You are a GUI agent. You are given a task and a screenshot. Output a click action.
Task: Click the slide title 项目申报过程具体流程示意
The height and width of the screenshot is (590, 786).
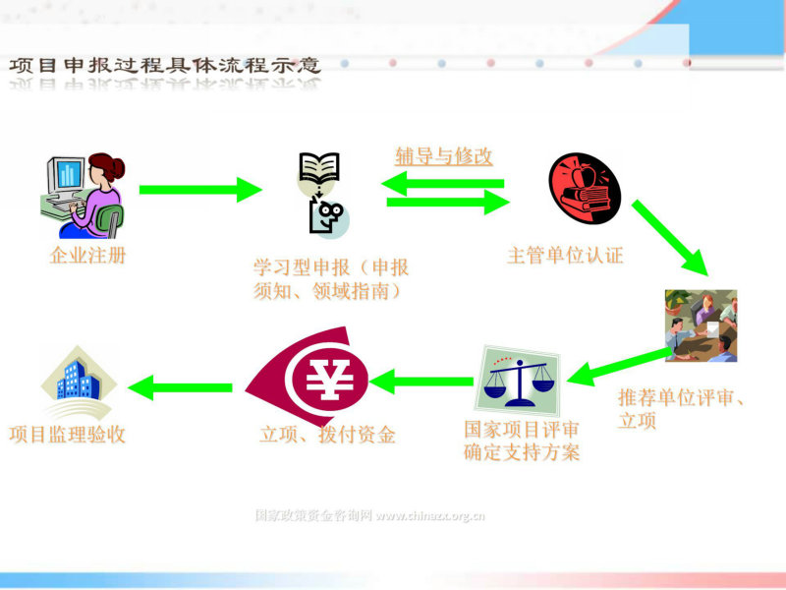(x=164, y=65)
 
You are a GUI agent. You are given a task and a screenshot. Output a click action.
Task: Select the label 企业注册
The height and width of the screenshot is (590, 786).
(x=87, y=256)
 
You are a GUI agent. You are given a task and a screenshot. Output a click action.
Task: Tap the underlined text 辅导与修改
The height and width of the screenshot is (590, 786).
(x=444, y=156)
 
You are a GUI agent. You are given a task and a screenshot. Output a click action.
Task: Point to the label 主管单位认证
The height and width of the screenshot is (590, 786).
(x=565, y=255)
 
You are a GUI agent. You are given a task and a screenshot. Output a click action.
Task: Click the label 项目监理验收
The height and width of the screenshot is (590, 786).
(x=67, y=435)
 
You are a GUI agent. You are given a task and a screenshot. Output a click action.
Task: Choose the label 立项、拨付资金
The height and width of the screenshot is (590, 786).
(x=327, y=435)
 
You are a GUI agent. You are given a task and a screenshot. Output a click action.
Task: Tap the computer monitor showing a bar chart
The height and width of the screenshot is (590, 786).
(x=66, y=176)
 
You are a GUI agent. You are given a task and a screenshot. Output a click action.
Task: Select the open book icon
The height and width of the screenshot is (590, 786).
(x=319, y=167)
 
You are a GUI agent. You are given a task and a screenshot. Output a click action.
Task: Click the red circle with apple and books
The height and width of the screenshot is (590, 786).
(x=585, y=188)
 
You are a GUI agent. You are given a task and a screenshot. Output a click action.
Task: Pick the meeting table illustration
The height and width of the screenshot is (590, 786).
(x=701, y=325)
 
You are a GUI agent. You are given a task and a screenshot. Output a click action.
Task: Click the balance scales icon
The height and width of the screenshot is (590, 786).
(x=519, y=381)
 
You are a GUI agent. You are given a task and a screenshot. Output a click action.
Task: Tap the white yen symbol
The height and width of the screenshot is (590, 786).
(x=329, y=379)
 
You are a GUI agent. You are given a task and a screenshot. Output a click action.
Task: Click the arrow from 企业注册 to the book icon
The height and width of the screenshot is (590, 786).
(x=200, y=190)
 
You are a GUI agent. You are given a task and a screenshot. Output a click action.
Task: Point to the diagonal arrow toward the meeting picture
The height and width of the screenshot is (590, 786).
(x=670, y=238)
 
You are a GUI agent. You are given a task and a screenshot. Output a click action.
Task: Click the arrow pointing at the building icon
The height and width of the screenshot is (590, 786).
(x=180, y=387)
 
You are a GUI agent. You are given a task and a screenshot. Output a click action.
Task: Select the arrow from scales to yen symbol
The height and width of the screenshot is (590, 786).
(x=421, y=382)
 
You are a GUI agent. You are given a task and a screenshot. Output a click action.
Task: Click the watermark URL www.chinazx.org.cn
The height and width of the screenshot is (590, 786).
(x=430, y=515)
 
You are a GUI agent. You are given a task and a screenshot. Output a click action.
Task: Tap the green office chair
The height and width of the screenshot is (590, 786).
(x=110, y=220)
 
